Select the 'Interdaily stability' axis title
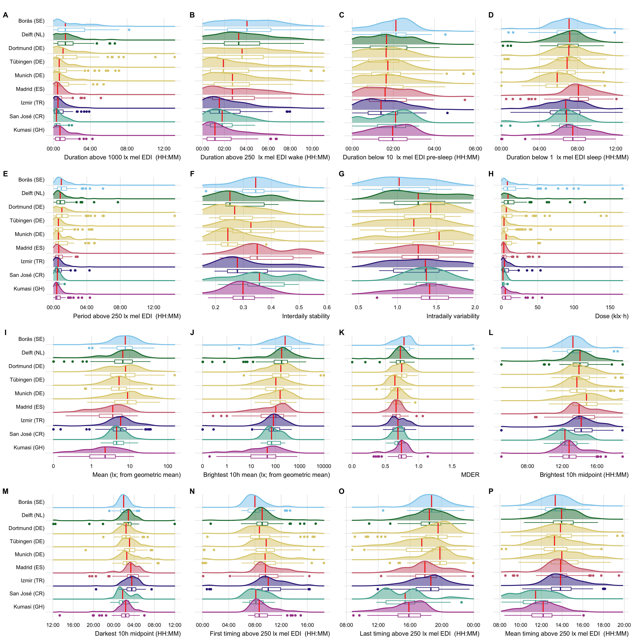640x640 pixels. point(306,316)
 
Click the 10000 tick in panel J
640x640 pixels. point(324,466)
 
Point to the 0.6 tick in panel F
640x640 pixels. point(327,307)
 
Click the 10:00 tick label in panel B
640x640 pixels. point(312,149)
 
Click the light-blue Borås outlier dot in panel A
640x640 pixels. point(129,30)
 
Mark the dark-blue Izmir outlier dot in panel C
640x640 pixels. point(447,113)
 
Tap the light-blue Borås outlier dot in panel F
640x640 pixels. point(206,191)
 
